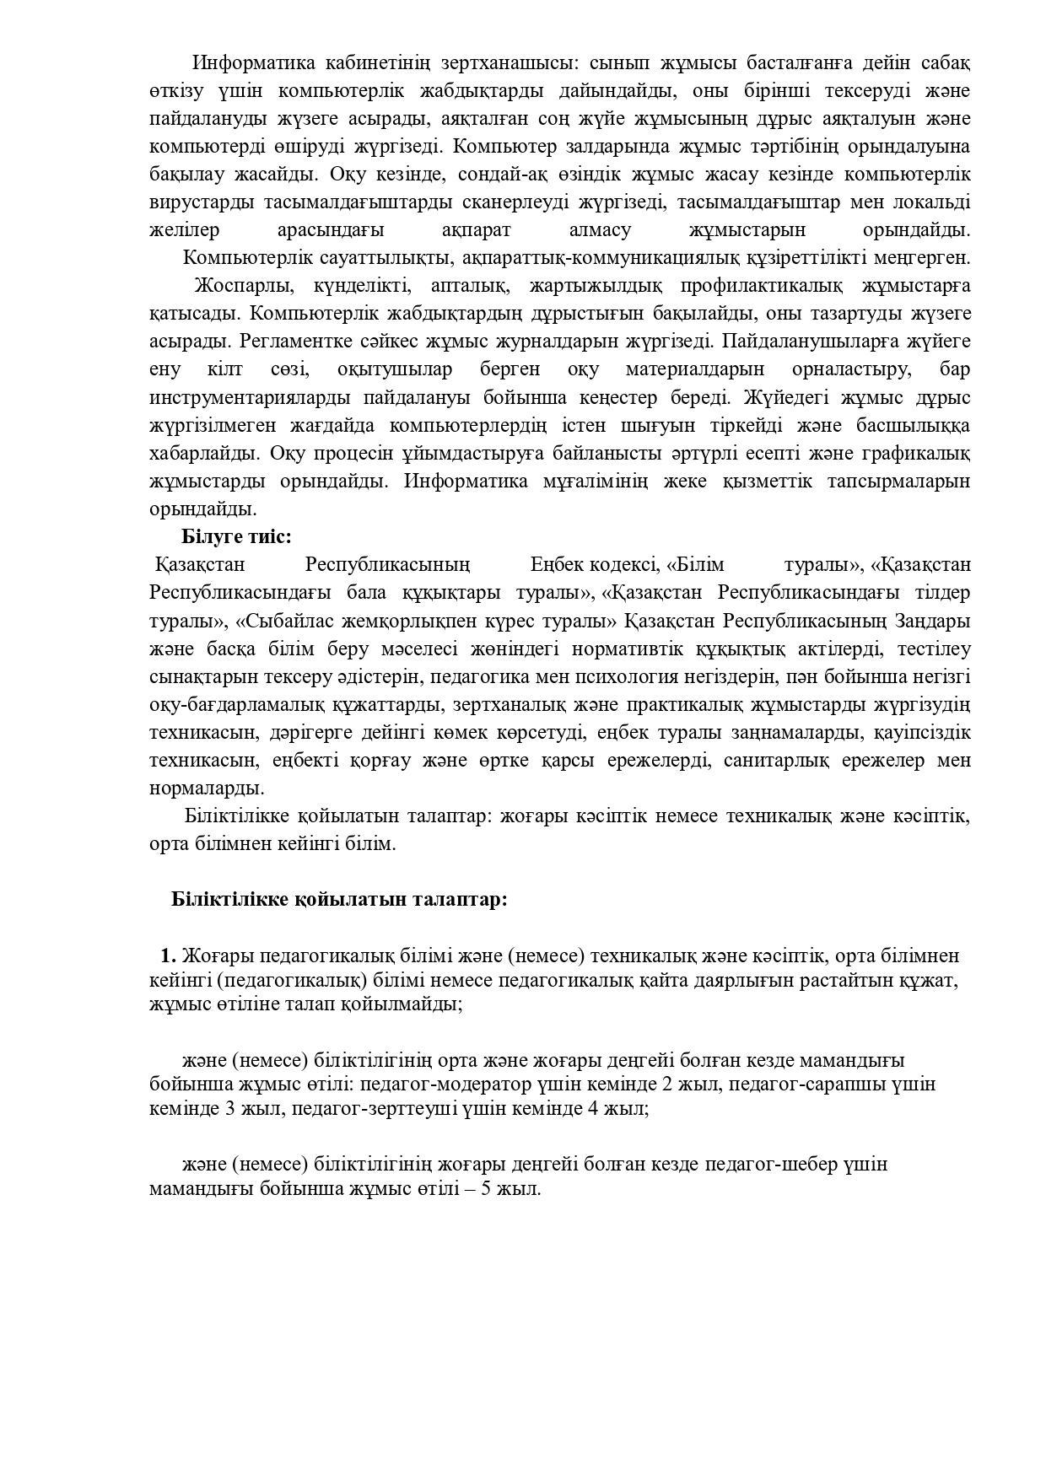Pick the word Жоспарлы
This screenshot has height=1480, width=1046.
[x=235, y=286]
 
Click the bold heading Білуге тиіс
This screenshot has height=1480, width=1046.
[x=236, y=537]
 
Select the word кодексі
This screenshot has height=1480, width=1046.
[x=625, y=565]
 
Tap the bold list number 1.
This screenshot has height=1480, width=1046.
[x=167, y=955]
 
